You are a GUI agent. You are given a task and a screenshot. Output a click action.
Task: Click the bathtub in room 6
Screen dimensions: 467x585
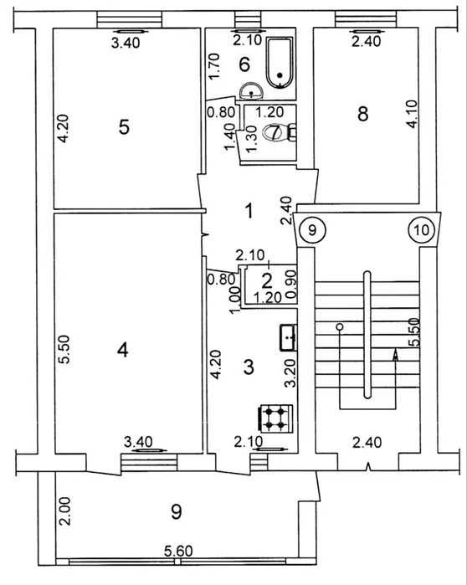[280, 62]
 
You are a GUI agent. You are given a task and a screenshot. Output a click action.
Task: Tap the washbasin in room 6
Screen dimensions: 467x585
[251, 91]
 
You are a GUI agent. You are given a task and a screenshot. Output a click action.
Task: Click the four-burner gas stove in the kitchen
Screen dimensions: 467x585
[275, 418]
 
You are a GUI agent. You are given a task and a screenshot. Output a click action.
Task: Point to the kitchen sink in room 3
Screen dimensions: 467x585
[288, 337]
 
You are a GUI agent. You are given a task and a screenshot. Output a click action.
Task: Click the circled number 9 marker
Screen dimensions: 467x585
[312, 230]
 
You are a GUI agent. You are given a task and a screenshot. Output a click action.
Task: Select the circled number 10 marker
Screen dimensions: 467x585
[422, 230]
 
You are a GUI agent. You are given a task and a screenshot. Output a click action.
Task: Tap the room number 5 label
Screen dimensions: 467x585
[124, 127]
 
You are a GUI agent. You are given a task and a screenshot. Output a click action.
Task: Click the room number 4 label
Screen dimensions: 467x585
[122, 350]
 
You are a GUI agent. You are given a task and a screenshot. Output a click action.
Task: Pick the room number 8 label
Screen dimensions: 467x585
[362, 114]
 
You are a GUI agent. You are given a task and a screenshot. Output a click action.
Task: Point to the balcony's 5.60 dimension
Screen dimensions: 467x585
[179, 551]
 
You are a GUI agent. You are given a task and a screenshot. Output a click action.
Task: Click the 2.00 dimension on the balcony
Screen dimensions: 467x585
[65, 511]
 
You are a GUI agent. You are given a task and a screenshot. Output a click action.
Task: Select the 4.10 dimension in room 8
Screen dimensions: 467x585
[412, 114]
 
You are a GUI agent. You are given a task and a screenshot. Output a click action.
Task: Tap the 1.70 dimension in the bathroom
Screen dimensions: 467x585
[214, 66]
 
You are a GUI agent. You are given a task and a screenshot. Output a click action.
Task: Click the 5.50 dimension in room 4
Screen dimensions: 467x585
[65, 350]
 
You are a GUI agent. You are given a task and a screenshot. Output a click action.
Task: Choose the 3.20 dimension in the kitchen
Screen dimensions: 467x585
[290, 373]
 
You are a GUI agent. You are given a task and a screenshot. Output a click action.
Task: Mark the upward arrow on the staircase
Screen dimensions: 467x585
[395, 355]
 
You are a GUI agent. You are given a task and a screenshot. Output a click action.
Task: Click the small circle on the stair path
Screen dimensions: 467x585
[340, 327]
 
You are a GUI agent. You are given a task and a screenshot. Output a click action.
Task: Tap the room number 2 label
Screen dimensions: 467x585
[267, 281]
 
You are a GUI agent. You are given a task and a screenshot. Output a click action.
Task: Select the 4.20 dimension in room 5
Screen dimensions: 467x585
[64, 128]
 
